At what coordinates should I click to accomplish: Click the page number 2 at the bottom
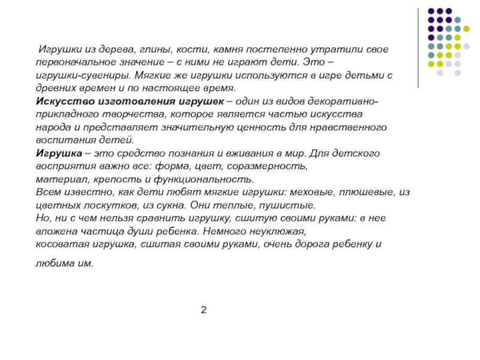point(204,310)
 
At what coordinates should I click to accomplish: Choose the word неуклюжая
point(277,231)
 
